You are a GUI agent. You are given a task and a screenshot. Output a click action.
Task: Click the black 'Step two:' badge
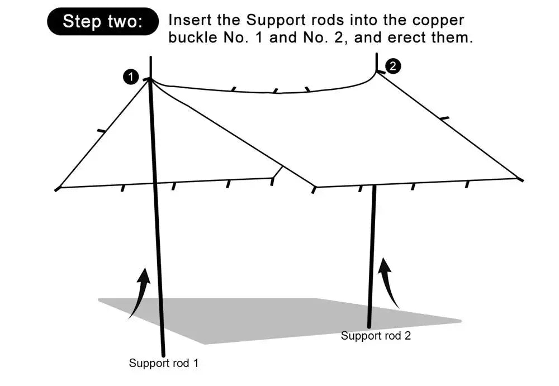tap(103, 22)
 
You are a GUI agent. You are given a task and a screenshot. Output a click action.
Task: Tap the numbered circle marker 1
tap(130, 77)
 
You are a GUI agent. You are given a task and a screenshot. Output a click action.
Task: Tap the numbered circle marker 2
tap(394, 66)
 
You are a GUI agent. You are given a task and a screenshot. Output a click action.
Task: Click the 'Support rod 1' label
tap(164, 363)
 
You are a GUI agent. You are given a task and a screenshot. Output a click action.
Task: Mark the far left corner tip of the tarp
tap(56, 189)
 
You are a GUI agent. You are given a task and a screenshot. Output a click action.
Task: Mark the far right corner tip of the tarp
tap(521, 180)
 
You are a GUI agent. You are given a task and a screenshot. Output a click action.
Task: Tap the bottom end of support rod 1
tap(163, 354)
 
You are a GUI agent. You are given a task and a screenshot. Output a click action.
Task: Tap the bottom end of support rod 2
tap(369, 326)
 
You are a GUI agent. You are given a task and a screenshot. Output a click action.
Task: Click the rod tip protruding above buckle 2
tap(376, 59)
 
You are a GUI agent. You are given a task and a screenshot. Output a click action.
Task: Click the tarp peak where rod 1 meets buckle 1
tap(150, 80)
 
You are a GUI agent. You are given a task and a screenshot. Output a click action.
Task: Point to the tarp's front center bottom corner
tap(315, 188)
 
